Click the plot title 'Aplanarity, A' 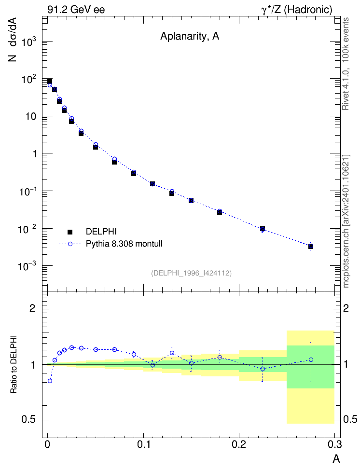pyautogui.click(x=190, y=36)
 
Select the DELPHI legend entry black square pyautogui.click(x=70, y=232)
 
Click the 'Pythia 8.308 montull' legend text pyautogui.click(x=124, y=244)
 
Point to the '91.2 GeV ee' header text pyautogui.click(x=76, y=10)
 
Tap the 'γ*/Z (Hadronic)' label pyautogui.click(x=297, y=10)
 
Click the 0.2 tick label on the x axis pyautogui.click(x=239, y=444)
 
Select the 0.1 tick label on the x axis pyautogui.click(x=144, y=444)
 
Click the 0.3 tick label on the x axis pyautogui.click(x=334, y=444)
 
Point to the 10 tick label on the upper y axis pyautogui.click(x=30, y=117)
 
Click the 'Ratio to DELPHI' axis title pyautogui.click(x=14, y=364)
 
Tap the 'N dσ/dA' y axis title pyautogui.click(x=13, y=40)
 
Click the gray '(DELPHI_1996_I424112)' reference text pyautogui.click(x=191, y=273)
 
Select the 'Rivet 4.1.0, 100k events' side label pyautogui.click(x=346, y=64)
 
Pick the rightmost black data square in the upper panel pyautogui.click(x=311, y=247)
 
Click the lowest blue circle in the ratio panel pyautogui.click(x=50, y=381)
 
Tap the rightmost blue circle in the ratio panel pyautogui.click(x=311, y=360)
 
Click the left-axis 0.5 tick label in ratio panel pyautogui.click(x=29, y=420)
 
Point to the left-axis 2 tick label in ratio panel pyautogui.click(x=32, y=308)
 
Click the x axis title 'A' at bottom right pyautogui.click(x=336, y=459)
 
